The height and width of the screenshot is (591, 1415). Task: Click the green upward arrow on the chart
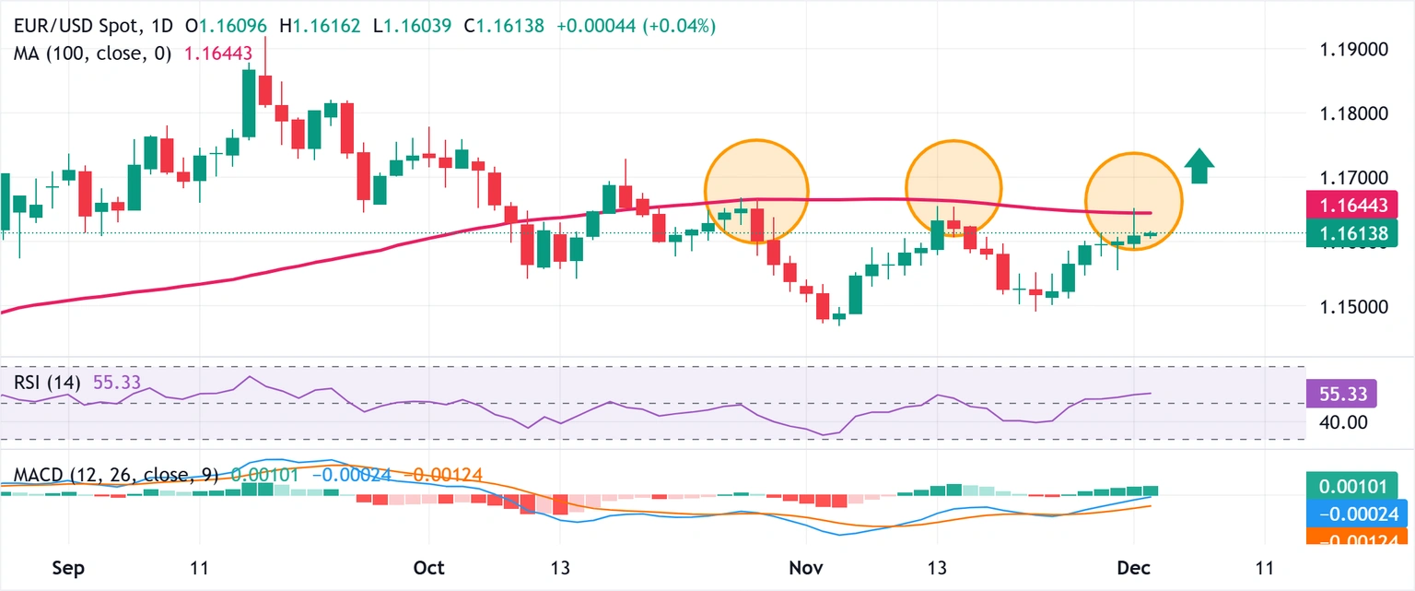click(x=1199, y=166)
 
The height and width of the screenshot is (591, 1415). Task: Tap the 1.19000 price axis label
click(x=1350, y=50)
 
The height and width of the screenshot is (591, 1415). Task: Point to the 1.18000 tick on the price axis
click(x=1350, y=114)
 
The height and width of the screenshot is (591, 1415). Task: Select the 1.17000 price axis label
click(x=1350, y=177)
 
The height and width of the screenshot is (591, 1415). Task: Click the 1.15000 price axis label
click(x=1350, y=306)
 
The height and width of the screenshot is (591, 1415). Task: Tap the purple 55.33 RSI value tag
click(x=1342, y=394)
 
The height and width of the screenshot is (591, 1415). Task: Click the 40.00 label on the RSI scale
click(x=1338, y=422)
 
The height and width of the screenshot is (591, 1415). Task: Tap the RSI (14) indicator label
click(x=47, y=382)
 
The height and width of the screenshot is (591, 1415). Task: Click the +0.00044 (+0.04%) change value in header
click(x=636, y=27)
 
